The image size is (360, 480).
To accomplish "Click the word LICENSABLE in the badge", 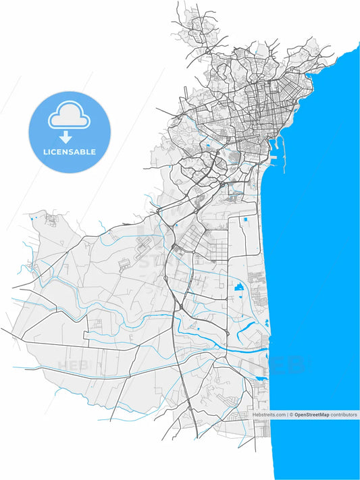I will pos(70,152).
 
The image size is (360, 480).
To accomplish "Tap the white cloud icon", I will pos(69,115).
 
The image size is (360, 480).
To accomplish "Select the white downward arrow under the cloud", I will pos(66,137).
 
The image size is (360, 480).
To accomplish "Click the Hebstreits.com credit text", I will pos(269,415).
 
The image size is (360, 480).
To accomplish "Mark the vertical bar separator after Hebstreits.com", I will pos(287,415).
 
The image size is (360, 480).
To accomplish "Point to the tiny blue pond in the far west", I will pos(32,218).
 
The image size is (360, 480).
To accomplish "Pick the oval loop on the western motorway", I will pos(165,278).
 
